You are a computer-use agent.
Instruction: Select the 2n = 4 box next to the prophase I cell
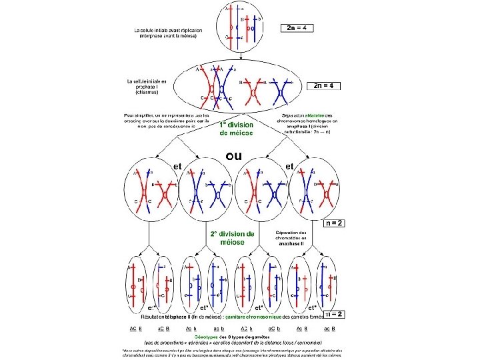tap(323, 85)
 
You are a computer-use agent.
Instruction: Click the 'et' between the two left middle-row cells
tap(178, 165)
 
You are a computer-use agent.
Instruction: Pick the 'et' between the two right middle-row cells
tap(290, 165)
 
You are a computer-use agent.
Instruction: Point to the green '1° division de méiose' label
tap(237, 129)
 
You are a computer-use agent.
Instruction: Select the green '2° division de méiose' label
tap(233, 238)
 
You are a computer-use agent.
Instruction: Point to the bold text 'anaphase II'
tap(291, 243)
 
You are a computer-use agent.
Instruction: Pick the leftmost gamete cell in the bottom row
tap(137, 284)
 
